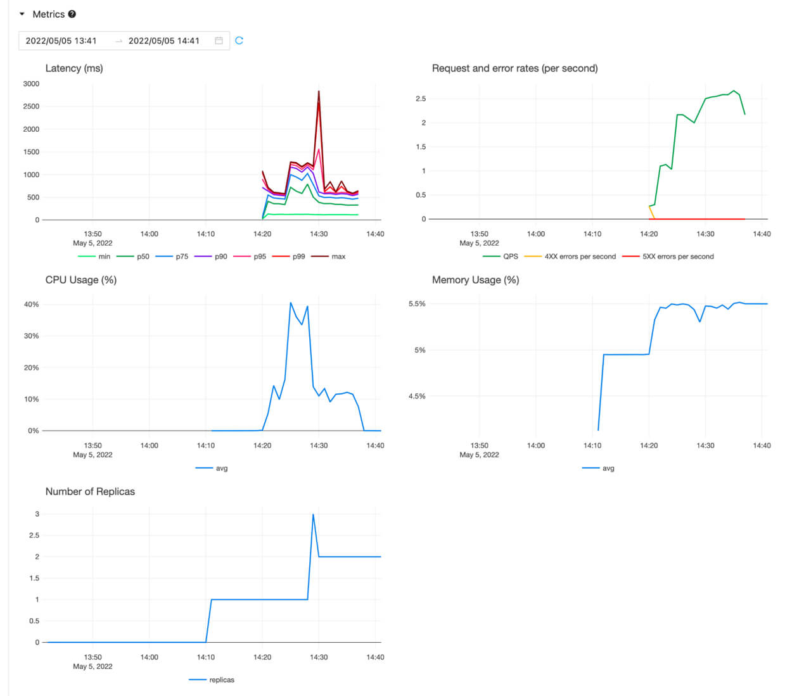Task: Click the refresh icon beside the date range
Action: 239,41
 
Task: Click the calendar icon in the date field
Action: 219,41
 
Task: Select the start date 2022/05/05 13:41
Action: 61,41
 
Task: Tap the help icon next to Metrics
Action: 72,14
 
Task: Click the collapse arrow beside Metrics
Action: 22,14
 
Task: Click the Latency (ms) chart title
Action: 74,68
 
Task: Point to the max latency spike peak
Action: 319,91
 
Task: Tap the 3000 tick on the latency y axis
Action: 31,84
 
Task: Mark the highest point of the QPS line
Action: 734,91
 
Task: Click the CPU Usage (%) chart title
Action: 81,280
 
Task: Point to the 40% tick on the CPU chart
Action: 31,305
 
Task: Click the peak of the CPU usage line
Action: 291,303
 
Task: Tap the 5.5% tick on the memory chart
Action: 417,304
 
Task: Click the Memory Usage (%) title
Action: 475,280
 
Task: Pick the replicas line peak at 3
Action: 313,514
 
